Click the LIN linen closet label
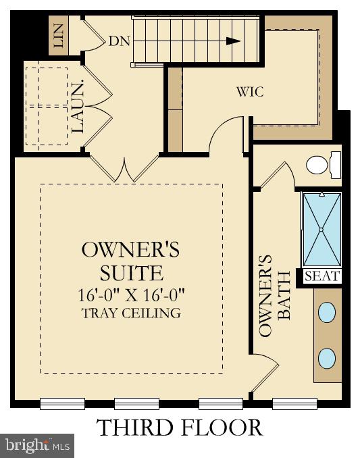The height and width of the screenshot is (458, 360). [x=59, y=36]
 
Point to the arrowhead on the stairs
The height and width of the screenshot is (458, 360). [x=233, y=41]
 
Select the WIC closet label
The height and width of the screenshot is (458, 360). [x=251, y=92]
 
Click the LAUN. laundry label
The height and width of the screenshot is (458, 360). [x=78, y=107]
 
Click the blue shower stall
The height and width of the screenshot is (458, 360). [x=321, y=230]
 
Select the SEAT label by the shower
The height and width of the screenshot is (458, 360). [x=322, y=276]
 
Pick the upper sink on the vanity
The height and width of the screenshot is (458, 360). [x=326, y=312]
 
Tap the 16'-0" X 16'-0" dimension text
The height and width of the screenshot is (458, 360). [x=130, y=295]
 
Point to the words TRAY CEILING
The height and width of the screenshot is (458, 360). [x=130, y=313]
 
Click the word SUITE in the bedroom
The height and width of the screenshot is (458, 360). [x=130, y=273]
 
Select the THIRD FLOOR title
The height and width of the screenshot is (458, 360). [x=179, y=428]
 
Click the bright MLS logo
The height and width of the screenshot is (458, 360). [x=37, y=446]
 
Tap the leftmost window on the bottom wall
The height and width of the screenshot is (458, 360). [x=62, y=403]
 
